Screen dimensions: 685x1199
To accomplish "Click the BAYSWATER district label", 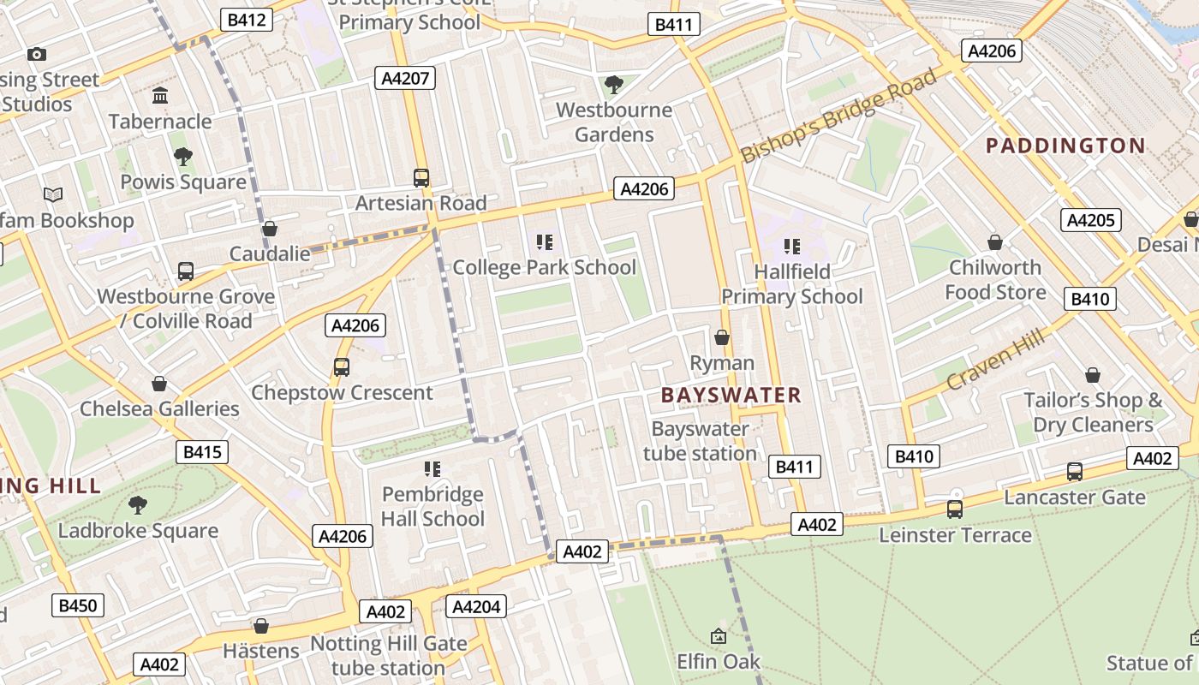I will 731,395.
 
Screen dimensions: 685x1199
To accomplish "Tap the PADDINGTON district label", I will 1065,146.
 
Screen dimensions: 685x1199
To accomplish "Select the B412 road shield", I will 247,20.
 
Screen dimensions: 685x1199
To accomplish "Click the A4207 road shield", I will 405,79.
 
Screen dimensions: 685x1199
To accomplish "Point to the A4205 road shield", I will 1089,220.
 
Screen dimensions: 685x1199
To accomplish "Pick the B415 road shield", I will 202,452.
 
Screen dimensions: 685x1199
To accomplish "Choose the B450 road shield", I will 77,605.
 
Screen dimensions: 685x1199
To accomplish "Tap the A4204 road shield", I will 476,607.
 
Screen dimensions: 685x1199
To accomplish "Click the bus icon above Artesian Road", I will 421,178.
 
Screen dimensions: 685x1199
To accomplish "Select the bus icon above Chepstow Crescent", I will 342,367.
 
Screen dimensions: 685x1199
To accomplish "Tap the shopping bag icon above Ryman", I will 722,337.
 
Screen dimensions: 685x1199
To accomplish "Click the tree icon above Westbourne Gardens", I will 613,84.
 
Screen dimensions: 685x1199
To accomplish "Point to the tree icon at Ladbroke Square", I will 138,505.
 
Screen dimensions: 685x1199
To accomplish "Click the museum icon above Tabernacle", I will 160,95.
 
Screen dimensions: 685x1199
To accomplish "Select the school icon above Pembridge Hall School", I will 432,468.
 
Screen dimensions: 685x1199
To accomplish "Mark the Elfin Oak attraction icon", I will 719,636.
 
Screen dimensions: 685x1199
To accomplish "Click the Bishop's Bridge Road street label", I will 839,116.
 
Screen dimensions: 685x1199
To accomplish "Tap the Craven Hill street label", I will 995,360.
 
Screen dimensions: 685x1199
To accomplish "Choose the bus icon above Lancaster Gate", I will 1074,472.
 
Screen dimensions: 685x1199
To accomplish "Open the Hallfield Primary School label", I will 791,284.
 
